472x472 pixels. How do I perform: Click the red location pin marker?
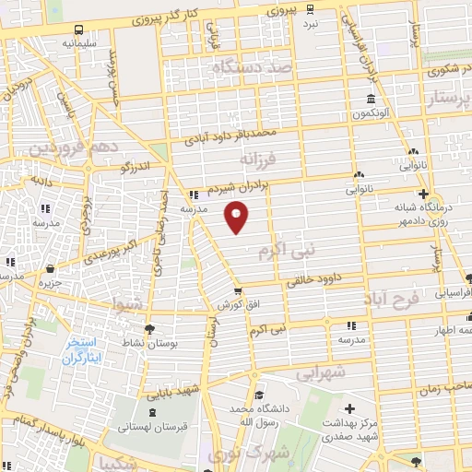click(x=237, y=218)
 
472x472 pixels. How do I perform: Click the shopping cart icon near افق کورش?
click(x=238, y=290)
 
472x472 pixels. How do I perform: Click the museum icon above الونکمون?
click(x=370, y=100)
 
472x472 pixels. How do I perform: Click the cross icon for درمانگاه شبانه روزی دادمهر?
click(x=423, y=194)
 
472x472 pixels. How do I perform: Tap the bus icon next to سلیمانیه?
click(x=78, y=29)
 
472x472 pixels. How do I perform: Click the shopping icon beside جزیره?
click(x=49, y=268)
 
